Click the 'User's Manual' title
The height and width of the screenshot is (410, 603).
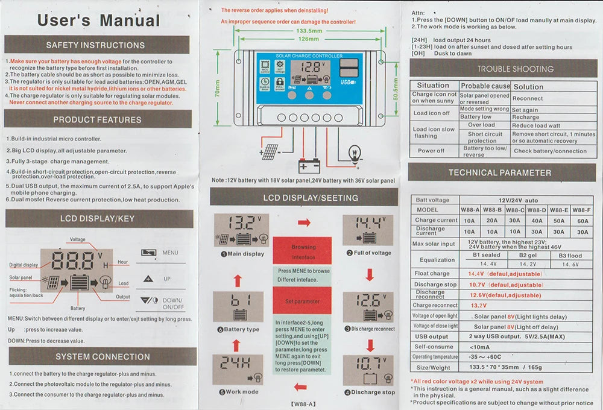coord(98,20)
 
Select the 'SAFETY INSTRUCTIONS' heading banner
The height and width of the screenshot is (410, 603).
coord(95,45)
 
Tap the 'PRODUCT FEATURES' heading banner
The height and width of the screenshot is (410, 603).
coord(97,119)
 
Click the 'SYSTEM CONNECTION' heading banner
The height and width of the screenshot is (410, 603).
coord(103,356)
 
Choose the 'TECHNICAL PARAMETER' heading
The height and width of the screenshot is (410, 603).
coord(499,172)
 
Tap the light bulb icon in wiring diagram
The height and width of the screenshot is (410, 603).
coord(355,151)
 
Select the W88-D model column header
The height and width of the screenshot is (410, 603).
coord(536,210)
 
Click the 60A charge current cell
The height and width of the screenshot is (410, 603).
coord(582,221)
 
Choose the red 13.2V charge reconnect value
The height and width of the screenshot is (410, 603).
coord(478,305)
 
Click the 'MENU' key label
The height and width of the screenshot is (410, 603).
coord(170,253)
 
